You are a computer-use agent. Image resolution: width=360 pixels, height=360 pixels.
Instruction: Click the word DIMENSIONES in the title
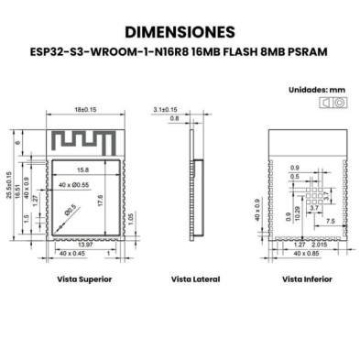(x=180, y=33)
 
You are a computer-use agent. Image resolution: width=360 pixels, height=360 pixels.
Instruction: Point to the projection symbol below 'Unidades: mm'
(x=329, y=106)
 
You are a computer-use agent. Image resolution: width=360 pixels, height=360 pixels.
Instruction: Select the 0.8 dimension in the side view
(x=174, y=119)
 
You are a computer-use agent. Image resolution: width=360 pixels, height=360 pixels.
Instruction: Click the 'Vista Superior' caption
(x=84, y=278)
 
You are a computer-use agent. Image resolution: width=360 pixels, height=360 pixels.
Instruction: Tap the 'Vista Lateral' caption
(x=195, y=278)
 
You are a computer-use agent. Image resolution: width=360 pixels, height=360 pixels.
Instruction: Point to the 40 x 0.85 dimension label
(x=324, y=253)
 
